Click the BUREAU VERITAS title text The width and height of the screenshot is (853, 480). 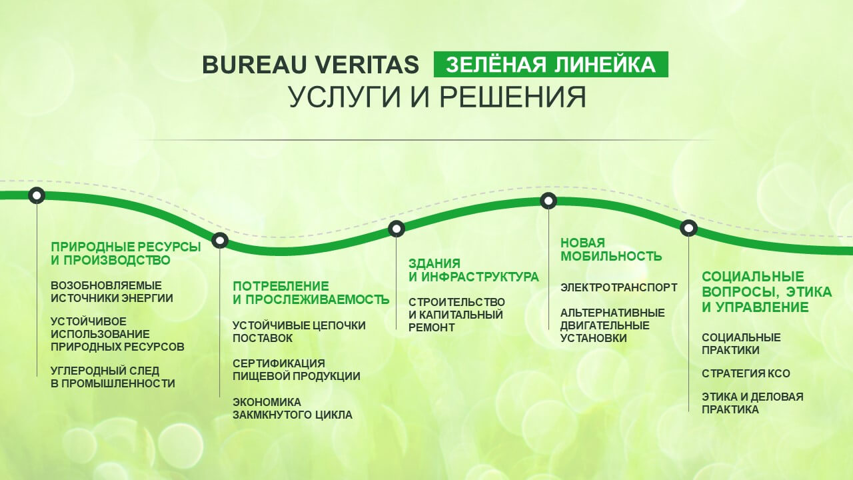click(x=311, y=65)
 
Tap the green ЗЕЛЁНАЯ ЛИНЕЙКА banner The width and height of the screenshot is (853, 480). click(x=551, y=65)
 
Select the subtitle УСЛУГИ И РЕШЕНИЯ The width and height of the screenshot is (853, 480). click(x=438, y=97)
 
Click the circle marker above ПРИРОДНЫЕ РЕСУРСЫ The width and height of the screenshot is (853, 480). click(x=37, y=195)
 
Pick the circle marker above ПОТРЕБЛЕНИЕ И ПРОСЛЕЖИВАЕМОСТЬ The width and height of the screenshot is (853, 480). click(x=220, y=241)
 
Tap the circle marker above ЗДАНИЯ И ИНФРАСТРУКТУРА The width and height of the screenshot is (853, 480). click(x=397, y=228)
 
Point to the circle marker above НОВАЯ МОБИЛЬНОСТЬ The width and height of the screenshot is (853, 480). click(x=548, y=201)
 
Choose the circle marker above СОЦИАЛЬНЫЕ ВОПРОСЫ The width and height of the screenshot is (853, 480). click(x=688, y=228)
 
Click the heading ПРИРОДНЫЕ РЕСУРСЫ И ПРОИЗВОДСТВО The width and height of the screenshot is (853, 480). click(x=126, y=253)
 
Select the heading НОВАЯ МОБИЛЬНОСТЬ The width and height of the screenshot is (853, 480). click(x=611, y=249)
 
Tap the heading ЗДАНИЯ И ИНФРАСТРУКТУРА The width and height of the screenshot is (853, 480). click(x=474, y=270)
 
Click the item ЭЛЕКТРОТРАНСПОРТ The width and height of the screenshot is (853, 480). click(x=619, y=287)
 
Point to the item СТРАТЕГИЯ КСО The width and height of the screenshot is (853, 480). click(x=746, y=373)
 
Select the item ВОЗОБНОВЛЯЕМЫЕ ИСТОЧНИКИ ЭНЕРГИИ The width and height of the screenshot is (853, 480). click(x=112, y=292)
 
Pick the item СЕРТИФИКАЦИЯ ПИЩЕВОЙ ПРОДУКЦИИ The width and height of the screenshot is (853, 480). click(x=297, y=370)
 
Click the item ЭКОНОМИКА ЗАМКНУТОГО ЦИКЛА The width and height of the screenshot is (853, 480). click(x=293, y=409)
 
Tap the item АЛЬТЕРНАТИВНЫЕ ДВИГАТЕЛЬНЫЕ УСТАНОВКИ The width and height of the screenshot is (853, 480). click(x=612, y=326)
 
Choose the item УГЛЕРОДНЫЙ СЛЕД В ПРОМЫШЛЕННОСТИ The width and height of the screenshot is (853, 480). click(x=113, y=377)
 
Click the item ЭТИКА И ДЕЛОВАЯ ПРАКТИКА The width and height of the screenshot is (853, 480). click(x=752, y=403)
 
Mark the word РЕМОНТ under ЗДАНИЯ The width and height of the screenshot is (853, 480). click(x=431, y=327)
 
